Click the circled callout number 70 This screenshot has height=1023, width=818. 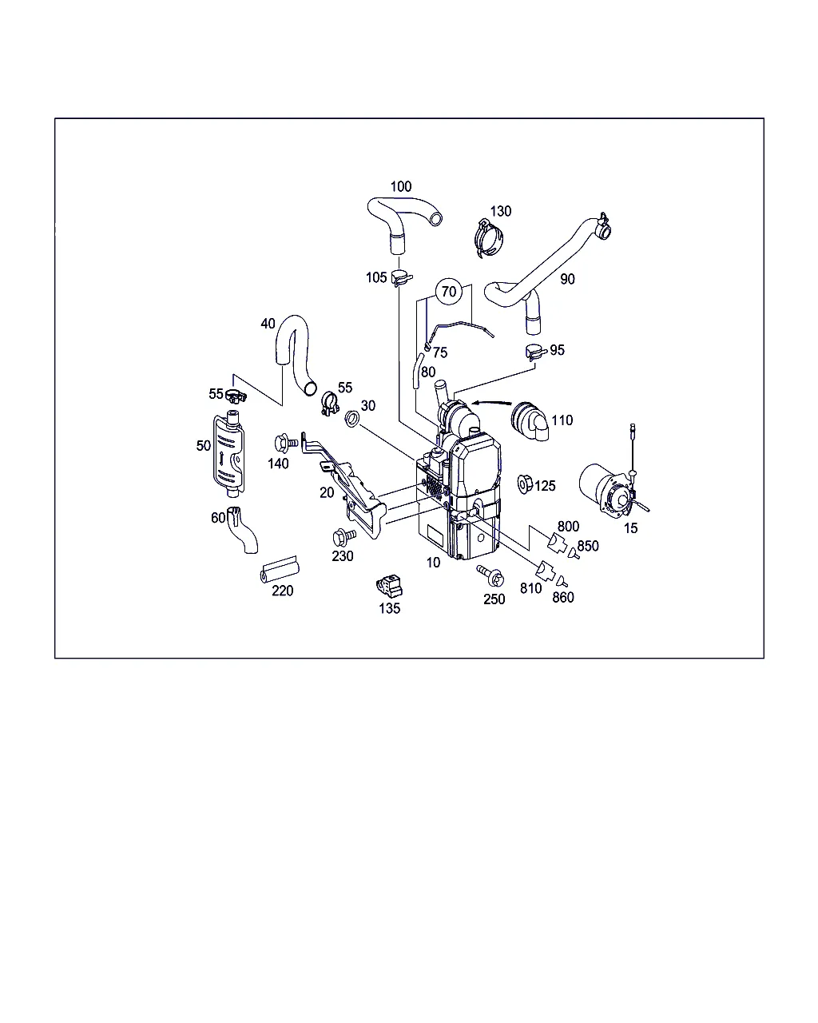[449, 292]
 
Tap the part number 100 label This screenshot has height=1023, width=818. [401, 186]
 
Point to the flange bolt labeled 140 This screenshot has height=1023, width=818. [286, 443]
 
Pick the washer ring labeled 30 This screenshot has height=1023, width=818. [352, 419]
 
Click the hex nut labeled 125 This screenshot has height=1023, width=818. [524, 484]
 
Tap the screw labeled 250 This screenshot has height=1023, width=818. [490, 575]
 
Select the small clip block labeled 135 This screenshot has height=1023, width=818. [390, 586]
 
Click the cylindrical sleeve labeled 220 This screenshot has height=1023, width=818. [280, 570]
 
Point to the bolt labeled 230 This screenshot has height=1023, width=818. [344, 537]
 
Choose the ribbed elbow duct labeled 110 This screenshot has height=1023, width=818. [530, 420]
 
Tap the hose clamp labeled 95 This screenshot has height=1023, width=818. [536, 352]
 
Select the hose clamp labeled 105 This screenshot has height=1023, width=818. [402, 277]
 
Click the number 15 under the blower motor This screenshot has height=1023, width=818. [630, 528]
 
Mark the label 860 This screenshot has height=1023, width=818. [562, 597]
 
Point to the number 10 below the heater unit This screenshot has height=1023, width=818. [433, 563]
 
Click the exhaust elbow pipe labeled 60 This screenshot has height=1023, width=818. [242, 530]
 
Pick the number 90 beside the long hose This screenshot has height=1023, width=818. [567, 279]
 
